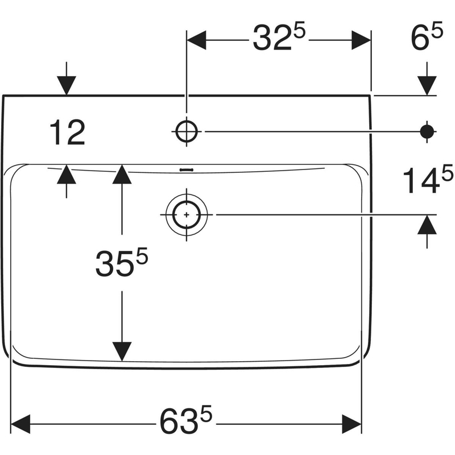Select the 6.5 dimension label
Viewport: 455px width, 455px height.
coord(427,40)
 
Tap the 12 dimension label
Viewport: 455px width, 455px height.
coord(67,134)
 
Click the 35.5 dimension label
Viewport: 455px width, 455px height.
coord(121,262)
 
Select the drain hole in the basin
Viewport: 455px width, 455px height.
coord(186,214)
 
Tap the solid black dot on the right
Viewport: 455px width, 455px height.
coord(427,131)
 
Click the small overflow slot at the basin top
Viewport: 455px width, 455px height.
coord(186,169)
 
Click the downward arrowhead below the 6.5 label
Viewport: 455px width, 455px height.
coord(427,85)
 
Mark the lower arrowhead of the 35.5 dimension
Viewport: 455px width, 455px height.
coord(122,351)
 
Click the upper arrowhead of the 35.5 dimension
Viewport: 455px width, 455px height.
coord(122,175)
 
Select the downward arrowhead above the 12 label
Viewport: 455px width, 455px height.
coord(67,85)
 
